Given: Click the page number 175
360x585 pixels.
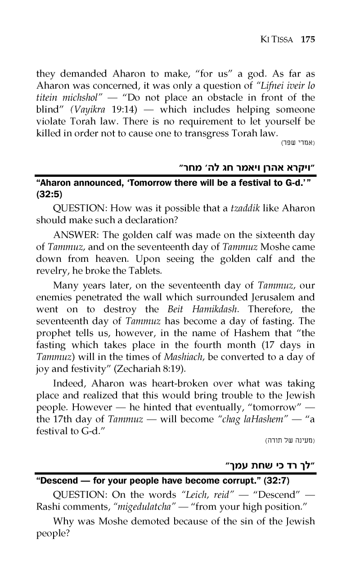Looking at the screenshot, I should click(308, 39).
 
